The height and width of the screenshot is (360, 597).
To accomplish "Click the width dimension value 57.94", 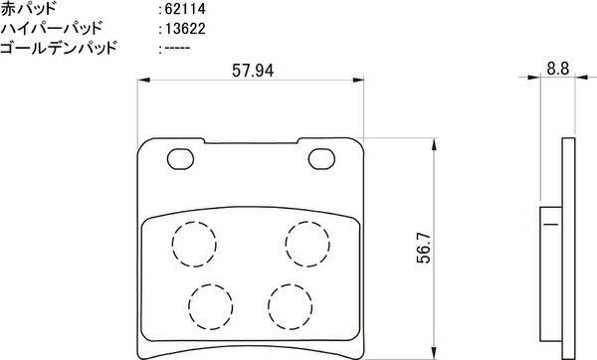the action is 253,71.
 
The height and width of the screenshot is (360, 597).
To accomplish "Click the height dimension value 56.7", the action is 424,248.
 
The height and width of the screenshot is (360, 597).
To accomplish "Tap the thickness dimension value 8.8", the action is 558,69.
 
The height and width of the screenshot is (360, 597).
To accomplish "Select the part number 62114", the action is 185,9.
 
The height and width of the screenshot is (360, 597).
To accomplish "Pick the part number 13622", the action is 185,29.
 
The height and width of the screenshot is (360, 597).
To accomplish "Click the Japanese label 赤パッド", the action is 29,9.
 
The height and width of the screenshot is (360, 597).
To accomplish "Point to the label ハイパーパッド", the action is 52,29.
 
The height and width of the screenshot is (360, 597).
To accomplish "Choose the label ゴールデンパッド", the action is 58,48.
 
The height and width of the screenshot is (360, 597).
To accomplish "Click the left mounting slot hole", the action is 180,159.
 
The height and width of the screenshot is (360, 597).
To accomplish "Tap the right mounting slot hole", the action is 321,159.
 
